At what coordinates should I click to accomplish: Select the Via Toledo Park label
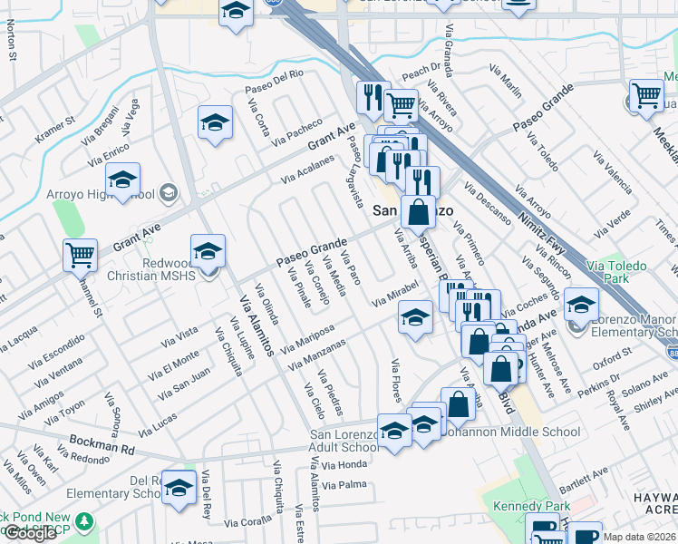tap(617, 272)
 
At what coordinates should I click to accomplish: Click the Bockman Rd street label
tap(102, 447)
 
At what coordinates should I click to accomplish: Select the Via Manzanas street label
tap(317, 355)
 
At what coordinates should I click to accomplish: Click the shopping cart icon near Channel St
tap(81, 255)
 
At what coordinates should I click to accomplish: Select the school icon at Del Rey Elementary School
tap(179, 488)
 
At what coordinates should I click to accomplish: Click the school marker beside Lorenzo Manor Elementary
tap(581, 304)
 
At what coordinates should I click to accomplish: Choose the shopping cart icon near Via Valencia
tap(646, 94)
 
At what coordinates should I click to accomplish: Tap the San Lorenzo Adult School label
tap(344, 441)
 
